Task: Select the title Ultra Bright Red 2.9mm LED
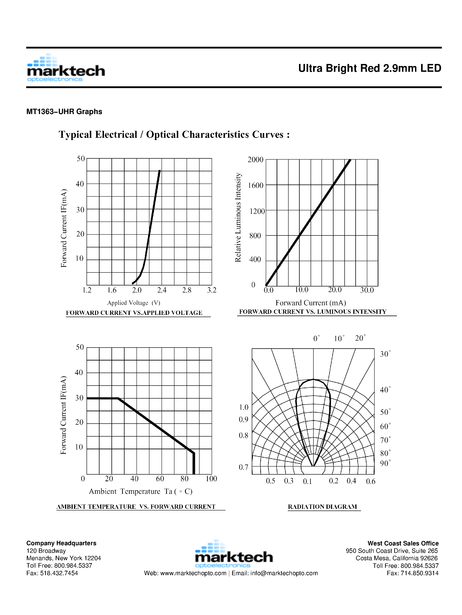pos(369,68)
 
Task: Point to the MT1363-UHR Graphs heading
pos(64,112)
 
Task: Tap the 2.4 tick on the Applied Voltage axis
pos(161,290)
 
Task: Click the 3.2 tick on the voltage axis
pos(212,290)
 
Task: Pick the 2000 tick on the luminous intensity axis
pos(255,160)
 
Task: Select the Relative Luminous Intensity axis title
pos(238,217)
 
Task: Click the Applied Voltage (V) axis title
pos(134,303)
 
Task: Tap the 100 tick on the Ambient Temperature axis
pos(211,479)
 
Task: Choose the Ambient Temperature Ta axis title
pos(140,492)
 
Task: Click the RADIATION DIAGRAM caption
pos(322,507)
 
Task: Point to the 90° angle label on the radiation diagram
pos(385,463)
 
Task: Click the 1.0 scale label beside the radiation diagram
pos(244,407)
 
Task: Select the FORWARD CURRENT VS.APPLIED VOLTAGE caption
pos(134,313)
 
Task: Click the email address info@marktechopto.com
pos(284,573)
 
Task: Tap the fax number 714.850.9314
pos(420,573)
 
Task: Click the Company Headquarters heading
pos(61,543)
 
